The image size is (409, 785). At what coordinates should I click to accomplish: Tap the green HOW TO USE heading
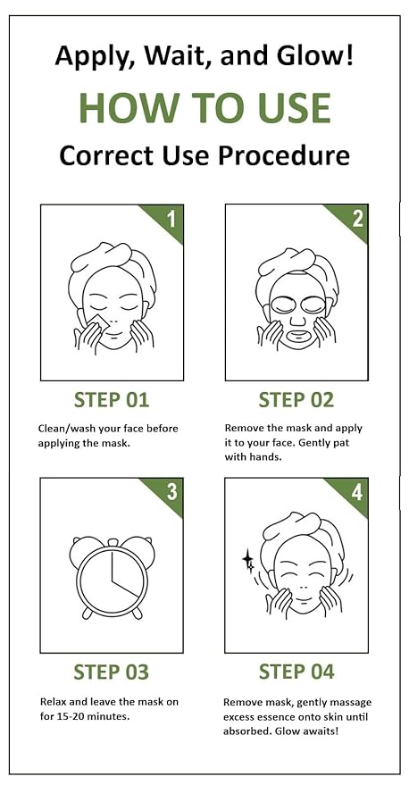click(204, 106)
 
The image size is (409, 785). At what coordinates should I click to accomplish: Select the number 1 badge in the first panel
click(171, 218)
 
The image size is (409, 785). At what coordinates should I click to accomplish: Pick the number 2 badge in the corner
click(356, 218)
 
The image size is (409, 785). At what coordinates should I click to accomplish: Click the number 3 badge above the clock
click(171, 491)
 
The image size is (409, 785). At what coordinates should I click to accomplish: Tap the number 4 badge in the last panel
click(356, 491)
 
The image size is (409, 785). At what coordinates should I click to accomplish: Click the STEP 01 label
click(111, 398)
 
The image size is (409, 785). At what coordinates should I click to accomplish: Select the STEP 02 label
click(296, 398)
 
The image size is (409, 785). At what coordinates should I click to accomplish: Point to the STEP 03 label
click(111, 671)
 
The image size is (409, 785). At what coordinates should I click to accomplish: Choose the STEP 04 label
click(296, 671)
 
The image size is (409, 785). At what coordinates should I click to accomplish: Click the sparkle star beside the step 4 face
click(248, 562)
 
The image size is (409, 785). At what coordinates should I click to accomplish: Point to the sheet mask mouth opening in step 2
click(296, 338)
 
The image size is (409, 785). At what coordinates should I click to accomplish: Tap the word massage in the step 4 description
click(350, 702)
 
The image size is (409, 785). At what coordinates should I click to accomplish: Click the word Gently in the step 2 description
click(321, 443)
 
